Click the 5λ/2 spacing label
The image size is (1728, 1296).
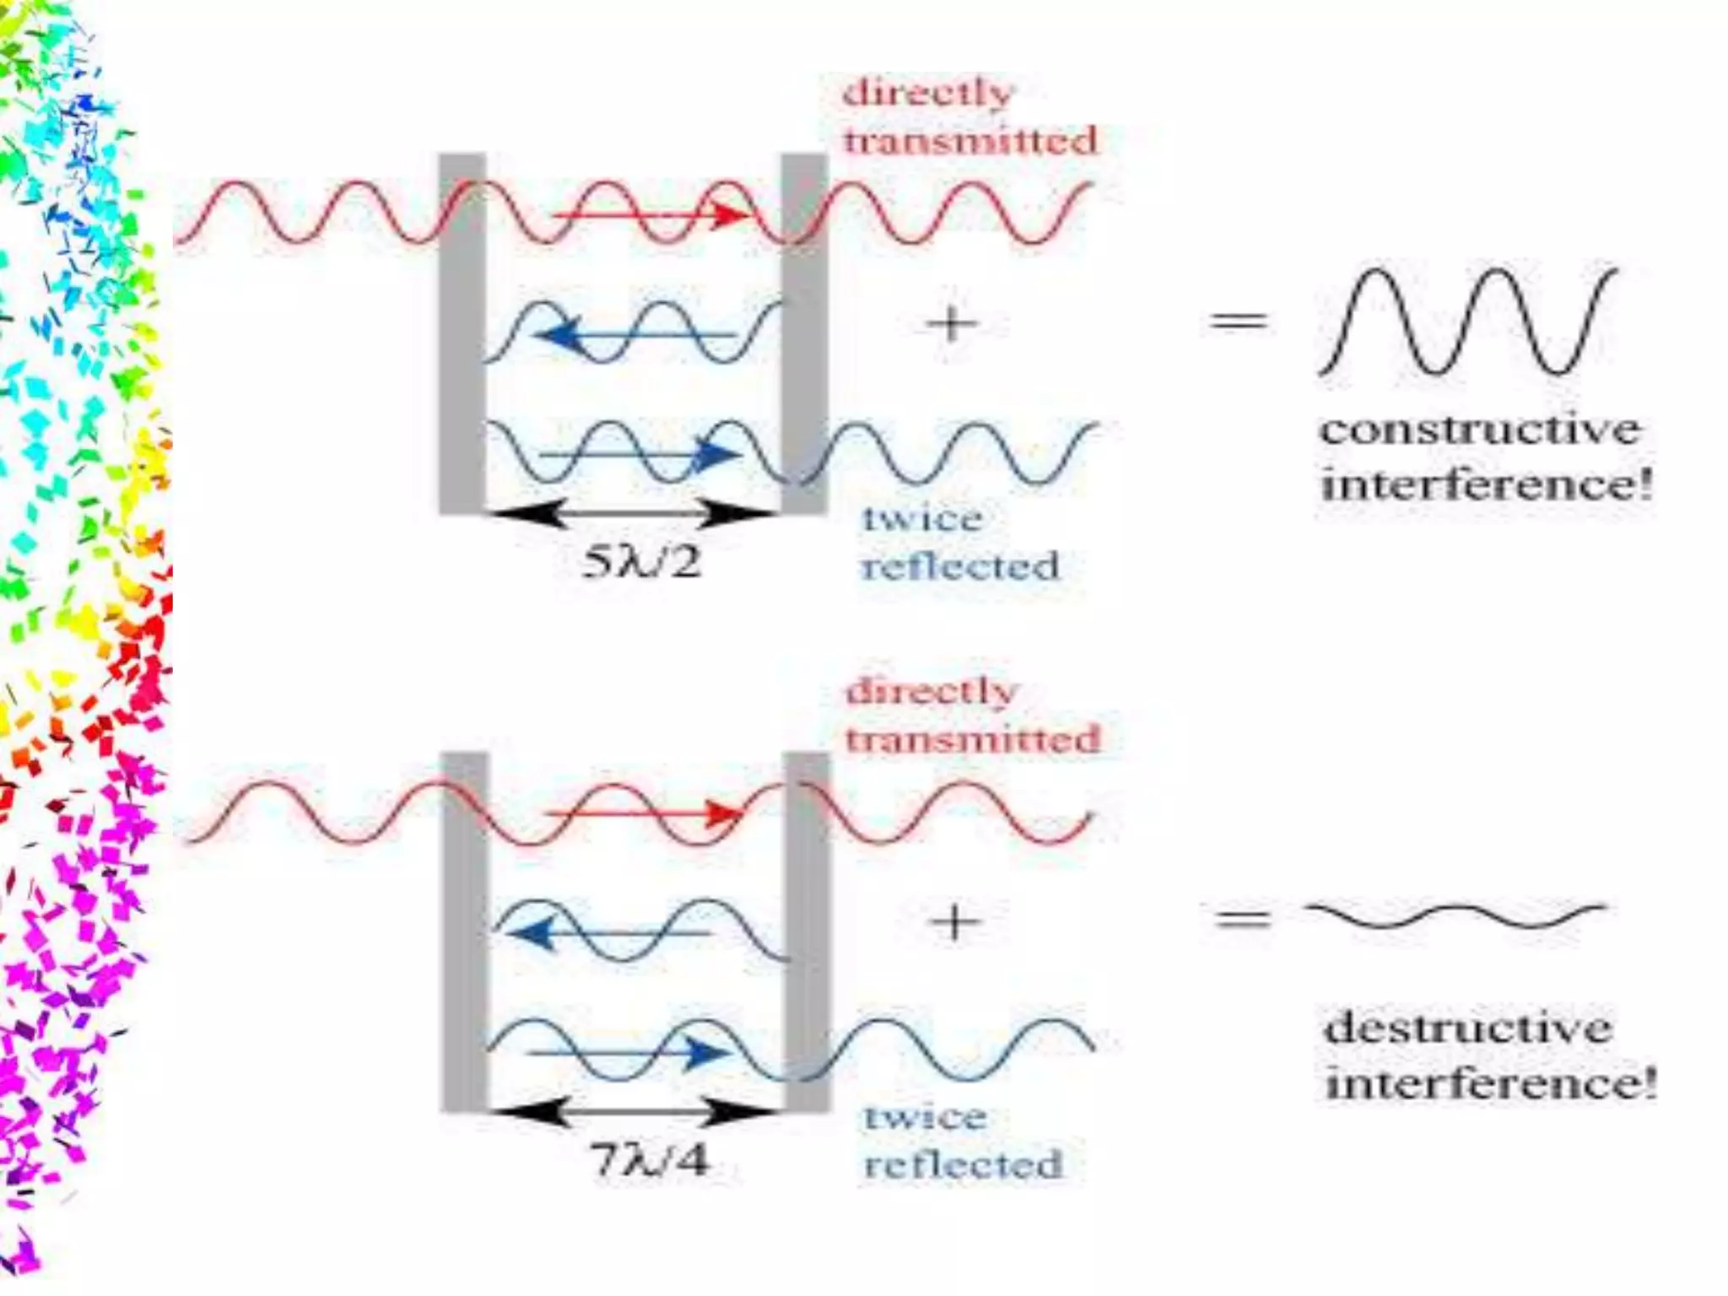pos(641,562)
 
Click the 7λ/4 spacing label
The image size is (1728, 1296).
pos(648,1161)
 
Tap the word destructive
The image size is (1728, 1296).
pos(1468,1029)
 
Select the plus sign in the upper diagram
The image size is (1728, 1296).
pos(952,324)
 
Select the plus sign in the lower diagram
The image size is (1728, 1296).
pos(954,921)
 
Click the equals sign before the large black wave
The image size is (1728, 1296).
pos(1239,321)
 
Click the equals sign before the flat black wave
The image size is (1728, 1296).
pos(1242,917)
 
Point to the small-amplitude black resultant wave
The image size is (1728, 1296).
pos(1455,915)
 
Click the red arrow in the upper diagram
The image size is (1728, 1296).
pos(650,216)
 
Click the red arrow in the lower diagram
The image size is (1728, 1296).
pos(645,815)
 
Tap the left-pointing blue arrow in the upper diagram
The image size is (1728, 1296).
pos(633,337)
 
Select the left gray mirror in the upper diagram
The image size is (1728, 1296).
pos(462,333)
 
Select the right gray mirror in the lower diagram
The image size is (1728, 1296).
pos(807,931)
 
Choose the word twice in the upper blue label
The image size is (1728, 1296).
pos(922,518)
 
